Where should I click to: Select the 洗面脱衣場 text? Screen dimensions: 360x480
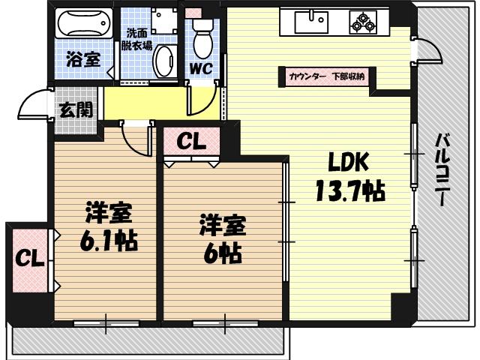138,39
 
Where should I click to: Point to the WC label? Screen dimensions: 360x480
200,67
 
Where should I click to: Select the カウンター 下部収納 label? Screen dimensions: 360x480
325,76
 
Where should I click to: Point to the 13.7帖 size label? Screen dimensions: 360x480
349,192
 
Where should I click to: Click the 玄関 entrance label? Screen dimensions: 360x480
75,111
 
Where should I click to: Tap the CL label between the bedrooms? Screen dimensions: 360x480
192,142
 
